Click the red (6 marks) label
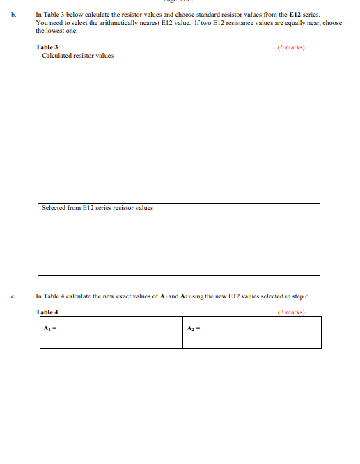click(x=290, y=47)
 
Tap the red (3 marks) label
click(x=290, y=312)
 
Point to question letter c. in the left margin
click(x=14, y=295)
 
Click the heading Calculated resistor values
click(x=77, y=56)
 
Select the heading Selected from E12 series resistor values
click(x=97, y=208)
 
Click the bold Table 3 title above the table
click(x=47, y=47)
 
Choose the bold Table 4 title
click(x=47, y=312)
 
